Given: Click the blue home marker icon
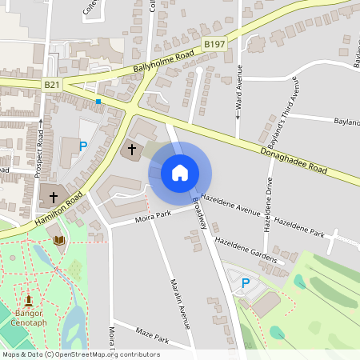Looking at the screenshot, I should (180, 172).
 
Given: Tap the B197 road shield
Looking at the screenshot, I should (213, 46).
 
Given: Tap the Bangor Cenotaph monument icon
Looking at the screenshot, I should (29, 300).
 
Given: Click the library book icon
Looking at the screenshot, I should (58, 240).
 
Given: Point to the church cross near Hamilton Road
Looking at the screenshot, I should (54, 196).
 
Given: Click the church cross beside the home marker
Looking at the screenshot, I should (132, 149).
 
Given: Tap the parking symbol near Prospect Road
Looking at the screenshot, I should (82, 146).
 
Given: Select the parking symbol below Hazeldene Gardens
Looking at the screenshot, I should (246, 283).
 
